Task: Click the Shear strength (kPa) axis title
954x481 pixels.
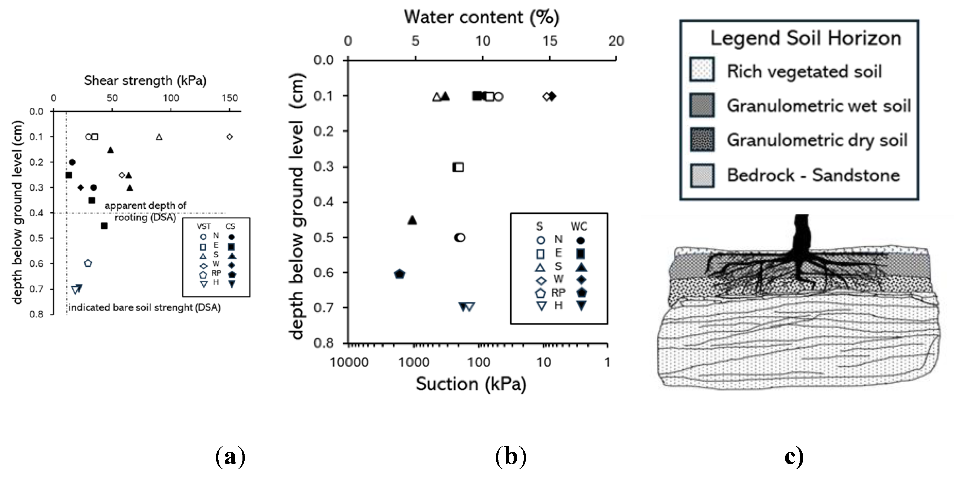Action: [145, 80]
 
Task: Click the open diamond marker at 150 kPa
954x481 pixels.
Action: [229, 137]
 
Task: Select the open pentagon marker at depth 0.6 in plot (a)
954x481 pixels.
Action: [88, 263]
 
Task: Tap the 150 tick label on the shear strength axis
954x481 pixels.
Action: [229, 98]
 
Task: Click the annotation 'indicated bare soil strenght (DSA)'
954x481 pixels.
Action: [144, 307]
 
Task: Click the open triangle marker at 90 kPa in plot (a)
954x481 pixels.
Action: [159, 137]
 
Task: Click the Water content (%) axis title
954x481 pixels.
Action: [482, 17]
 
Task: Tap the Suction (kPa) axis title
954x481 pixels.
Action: [471, 384]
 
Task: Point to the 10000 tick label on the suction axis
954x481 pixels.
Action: [349, 362]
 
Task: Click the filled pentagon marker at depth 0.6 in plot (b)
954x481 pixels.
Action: [400, 274]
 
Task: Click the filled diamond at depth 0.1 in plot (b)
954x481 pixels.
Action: [552, 97]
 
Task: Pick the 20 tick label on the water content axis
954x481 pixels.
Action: [616, 41]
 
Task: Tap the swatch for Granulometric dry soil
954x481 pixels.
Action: [702, 139]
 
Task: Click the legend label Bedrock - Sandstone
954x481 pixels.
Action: [813, 175]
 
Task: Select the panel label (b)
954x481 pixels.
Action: [510, 457]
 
